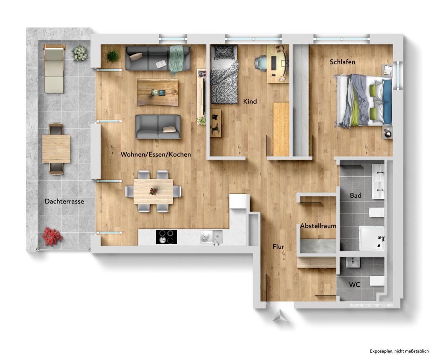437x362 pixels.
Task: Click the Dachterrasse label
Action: tap(64, 201)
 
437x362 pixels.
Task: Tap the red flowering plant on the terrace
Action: tap(52, 236)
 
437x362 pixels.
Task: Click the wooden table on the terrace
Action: tap(56, 149)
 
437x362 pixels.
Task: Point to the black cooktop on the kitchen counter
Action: tap(166, 236)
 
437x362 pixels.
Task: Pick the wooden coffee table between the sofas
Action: tap(158, 92)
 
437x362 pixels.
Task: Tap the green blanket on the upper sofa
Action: tap(176, 59)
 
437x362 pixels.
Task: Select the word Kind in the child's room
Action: tap(250, 102)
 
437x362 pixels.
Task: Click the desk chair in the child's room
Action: tap(260, 62)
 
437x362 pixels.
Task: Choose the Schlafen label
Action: tap(342, 62)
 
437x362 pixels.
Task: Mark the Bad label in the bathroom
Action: tap(355, 196)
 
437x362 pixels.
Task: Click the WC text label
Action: tap(354, 284)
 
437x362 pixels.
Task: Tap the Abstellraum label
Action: tap(318, 226)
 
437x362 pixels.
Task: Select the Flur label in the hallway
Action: tap(278, 246)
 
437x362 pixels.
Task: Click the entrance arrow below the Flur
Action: tap(279, 316)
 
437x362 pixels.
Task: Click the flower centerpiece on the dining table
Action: tap(153, 191)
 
